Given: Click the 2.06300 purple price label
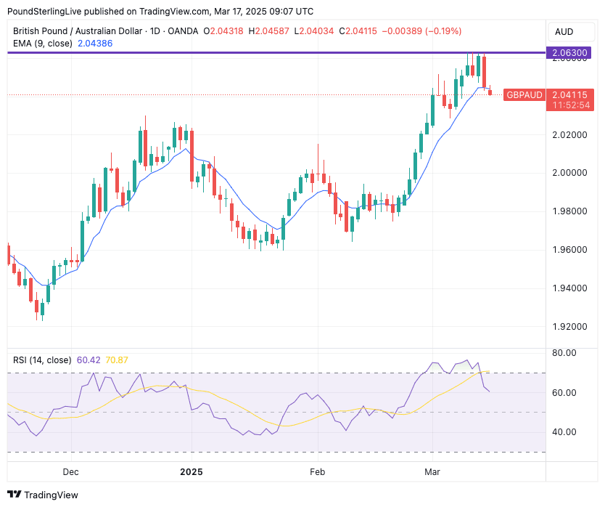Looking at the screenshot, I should [570, 53].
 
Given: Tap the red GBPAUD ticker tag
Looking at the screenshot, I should [523, 94].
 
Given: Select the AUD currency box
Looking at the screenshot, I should [564, 31].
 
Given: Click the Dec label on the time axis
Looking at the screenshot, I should [70, 471].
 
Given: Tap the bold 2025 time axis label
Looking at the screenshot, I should [192, 471].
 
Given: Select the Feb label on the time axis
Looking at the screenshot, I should [317, 471].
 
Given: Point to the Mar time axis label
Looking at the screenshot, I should [432, 471].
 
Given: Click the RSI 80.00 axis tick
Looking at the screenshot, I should [564, 353].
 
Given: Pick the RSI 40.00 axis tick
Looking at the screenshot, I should [564, 432].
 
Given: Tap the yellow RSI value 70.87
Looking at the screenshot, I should [116, 360].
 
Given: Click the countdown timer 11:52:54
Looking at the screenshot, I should [570, 105].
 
